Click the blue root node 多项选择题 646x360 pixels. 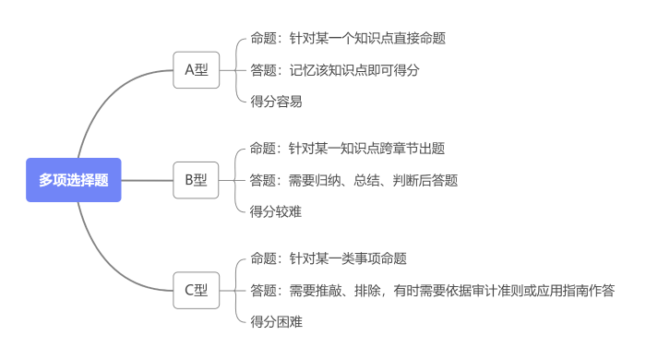pyautogui.click(x=74, y=180)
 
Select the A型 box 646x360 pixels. pyautogui.click(x=197, y=70)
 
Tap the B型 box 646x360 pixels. pyautogui.click(x=197, y=180)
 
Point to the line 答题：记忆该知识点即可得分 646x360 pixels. pyautogui.click(x=335, y=70)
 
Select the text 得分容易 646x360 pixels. pyautogui.click(x=276, y=102)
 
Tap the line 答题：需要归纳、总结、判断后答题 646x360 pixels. pyautogui.click(x=354, y=180)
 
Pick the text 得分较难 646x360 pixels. pyautogui.click(x=276, y=211)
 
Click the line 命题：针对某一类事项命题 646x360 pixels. pyautogui.click(x=329, y=258)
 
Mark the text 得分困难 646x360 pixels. pyautogui.click(x=276, y=322)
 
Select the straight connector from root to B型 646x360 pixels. pyautogui.click(x=148, y=180)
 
